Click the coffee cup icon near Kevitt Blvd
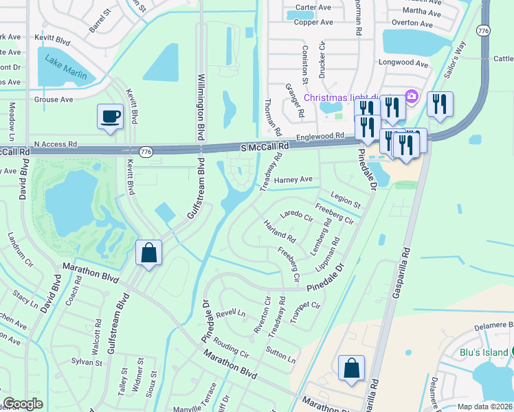110,116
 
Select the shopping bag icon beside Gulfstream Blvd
148,253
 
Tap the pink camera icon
412,97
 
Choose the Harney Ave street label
293,180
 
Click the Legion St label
346,201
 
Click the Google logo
23,404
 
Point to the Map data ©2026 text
484,407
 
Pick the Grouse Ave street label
53,100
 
